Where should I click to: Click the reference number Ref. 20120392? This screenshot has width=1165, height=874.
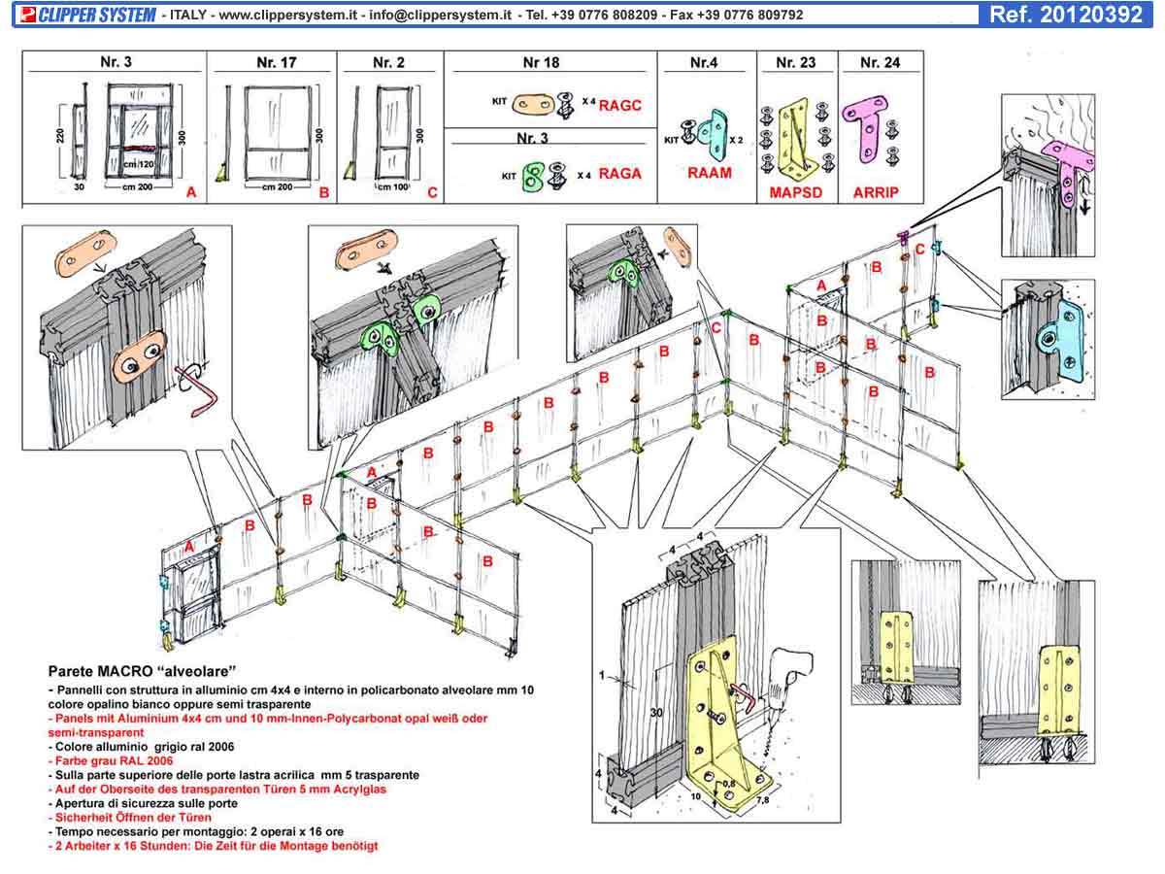(1065, 15)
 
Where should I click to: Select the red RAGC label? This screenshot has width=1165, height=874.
(620, 105)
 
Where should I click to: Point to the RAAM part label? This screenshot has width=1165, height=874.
(709, 173)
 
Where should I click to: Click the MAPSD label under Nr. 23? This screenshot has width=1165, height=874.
(796, 192)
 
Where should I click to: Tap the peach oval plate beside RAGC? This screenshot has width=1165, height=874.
(532, 103)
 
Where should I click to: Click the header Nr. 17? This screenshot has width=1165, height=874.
(277, 62)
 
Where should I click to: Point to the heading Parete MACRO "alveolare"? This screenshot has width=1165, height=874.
(143, 671)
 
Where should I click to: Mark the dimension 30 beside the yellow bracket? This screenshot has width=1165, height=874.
(657, 713)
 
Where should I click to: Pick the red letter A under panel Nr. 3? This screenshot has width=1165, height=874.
(191, 193)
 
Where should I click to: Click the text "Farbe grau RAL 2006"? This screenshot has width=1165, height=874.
(111, 761)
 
